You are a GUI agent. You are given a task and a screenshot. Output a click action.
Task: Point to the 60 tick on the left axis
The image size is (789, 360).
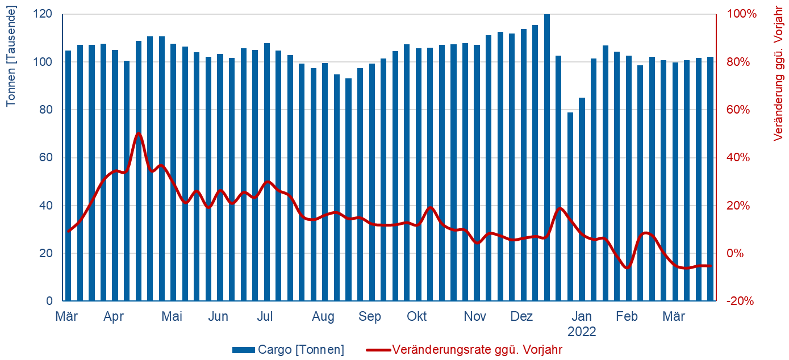pos(47,157)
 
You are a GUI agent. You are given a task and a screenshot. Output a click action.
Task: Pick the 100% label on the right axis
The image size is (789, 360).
pos(742,14)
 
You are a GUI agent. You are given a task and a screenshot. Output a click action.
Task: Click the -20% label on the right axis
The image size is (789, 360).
pos(740,301)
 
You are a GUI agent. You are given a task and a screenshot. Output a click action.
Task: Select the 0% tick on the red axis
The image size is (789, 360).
pos(737,253)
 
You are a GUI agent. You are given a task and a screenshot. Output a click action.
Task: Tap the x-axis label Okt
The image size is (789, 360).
pos(417,316)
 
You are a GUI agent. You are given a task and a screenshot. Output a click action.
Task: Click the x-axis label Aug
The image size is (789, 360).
pos(323,316)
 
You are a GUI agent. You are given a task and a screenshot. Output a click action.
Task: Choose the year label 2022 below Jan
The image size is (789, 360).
pos(582,332)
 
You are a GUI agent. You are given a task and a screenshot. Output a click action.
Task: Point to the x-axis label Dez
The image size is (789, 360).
pos(521,316)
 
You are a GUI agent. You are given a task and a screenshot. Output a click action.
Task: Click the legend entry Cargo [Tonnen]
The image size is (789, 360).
pos(300,350)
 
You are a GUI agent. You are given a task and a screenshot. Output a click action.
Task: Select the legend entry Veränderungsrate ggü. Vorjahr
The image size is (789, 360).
pos(477,350)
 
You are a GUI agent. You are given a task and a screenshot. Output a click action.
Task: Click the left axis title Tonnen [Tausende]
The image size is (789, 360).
pos(11,56)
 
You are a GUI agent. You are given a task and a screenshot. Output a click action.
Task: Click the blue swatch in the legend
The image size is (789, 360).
pos(243,350)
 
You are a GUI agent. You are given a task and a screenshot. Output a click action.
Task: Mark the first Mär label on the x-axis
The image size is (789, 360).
pos(67,316)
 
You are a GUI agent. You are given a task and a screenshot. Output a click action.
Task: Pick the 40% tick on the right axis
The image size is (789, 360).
pos(738,157)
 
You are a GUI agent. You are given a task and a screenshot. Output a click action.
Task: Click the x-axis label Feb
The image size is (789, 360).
pos(628,316)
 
